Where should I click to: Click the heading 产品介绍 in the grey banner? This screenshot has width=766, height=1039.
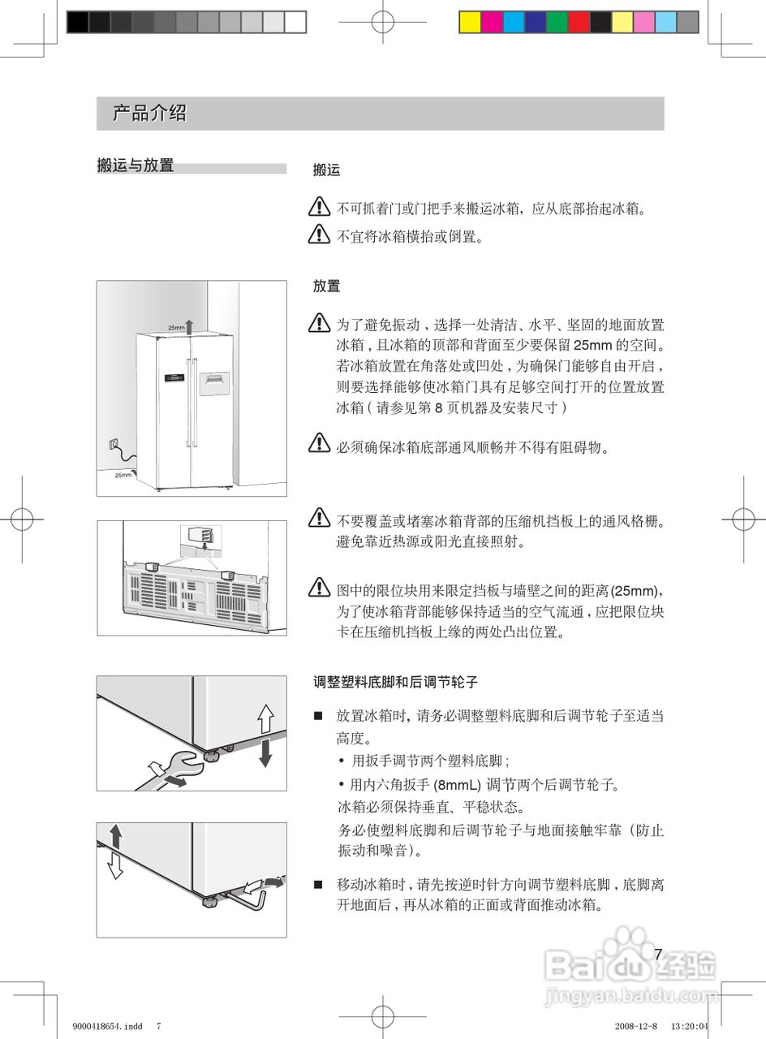click(x=149, y=114)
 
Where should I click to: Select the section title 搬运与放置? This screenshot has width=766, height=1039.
click(x=135, y=166)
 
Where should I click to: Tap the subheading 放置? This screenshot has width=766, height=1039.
click(x=326, y=287)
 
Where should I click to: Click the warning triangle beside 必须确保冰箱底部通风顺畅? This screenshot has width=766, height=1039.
click(x=319, y=444)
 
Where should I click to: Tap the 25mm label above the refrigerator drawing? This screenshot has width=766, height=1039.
click(x=176, y=327)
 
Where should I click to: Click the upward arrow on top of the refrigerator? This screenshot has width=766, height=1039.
click(x=189, y=326)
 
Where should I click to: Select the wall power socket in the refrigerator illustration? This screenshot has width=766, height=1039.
click(x=113, y=444)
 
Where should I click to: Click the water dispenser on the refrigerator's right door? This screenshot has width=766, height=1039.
click(x=214, y=383)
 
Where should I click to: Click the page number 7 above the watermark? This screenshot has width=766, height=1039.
click(x=658, y=955)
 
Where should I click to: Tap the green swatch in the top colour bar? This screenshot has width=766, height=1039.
click(x=557, y=22)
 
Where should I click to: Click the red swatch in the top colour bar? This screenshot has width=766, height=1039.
click(x=579, y=22)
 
